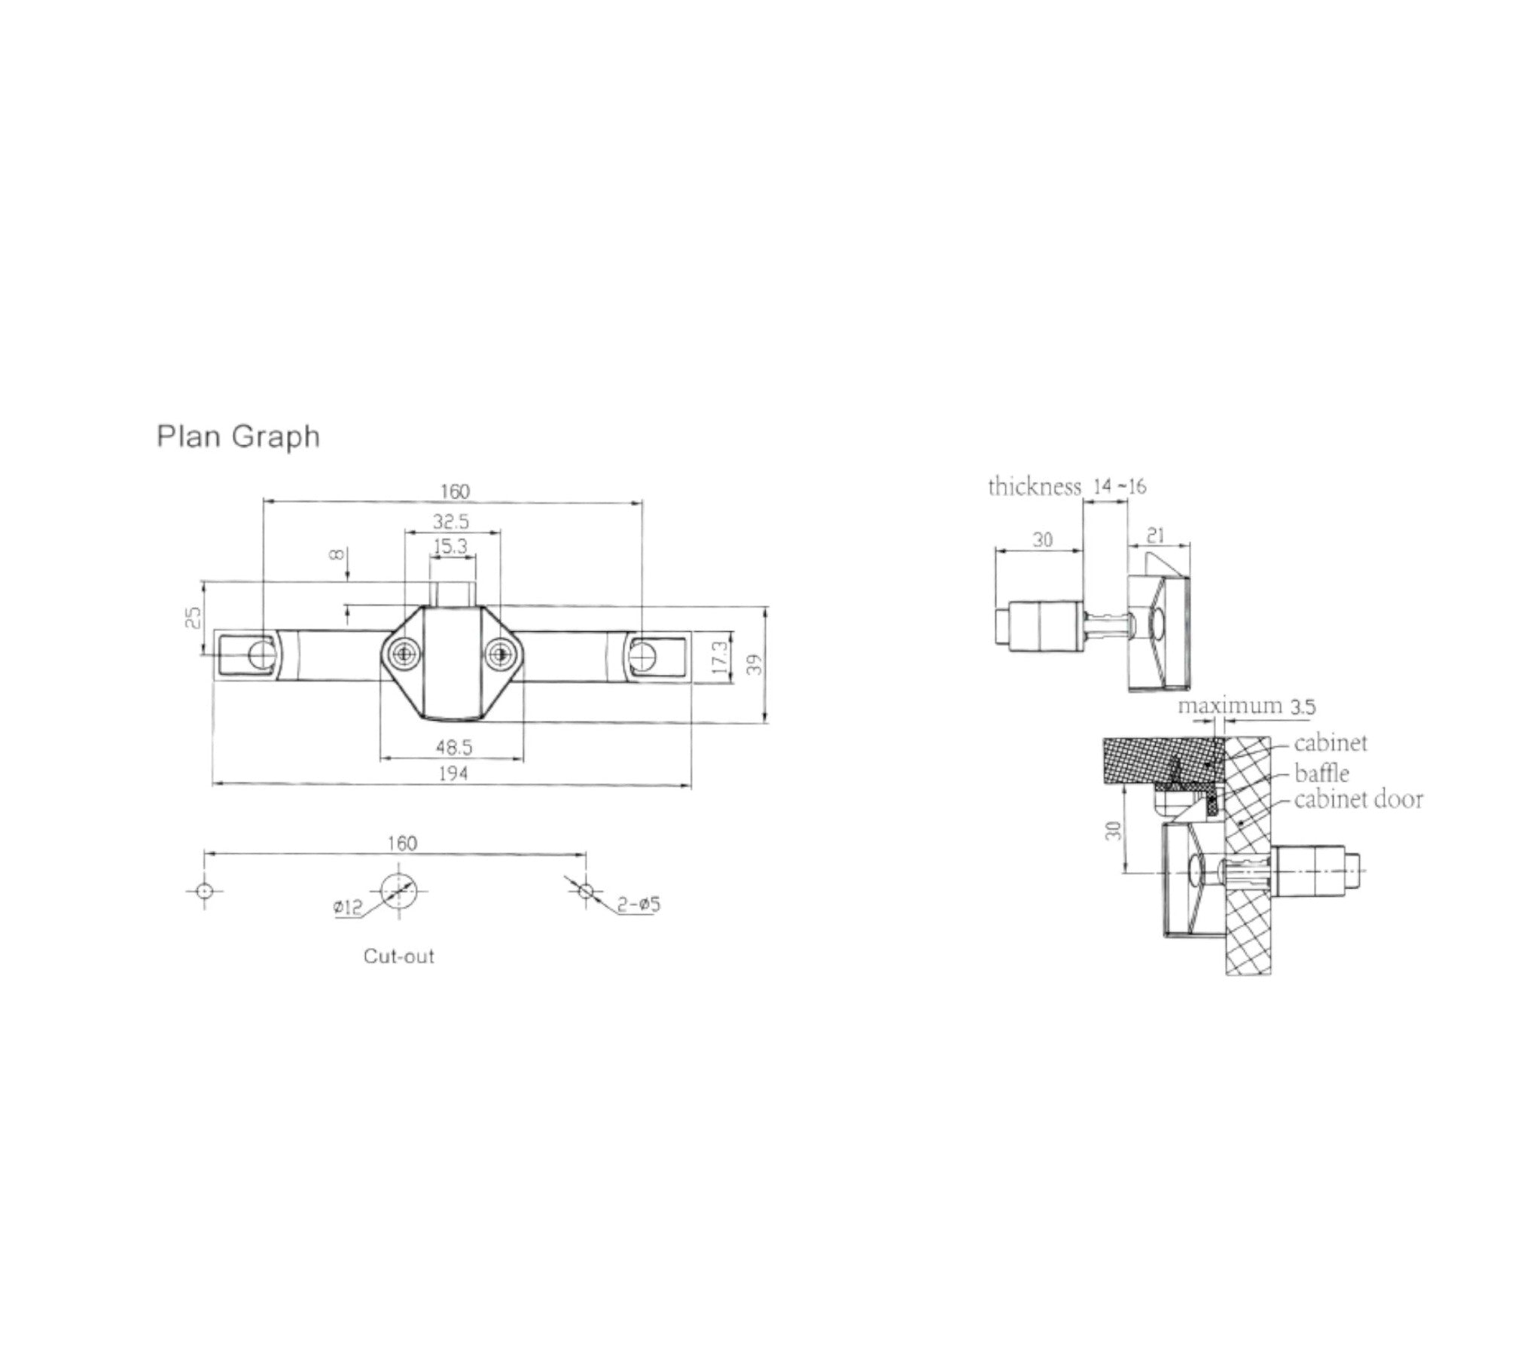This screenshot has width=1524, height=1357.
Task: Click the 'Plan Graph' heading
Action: [x=238, y=437]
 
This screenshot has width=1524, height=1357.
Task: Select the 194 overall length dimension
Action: [x=453, y=773]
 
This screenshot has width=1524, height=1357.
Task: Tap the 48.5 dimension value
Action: [x=454, y=747]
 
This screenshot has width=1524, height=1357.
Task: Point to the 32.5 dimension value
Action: [x=451, y=521]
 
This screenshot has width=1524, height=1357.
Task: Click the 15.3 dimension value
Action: [x=450, y=547]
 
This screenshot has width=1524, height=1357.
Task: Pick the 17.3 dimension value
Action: [x=720, y=657]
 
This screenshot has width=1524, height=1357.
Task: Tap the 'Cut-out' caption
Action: [x=398, y=956]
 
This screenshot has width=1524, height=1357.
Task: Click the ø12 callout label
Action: [x=348, y=908]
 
